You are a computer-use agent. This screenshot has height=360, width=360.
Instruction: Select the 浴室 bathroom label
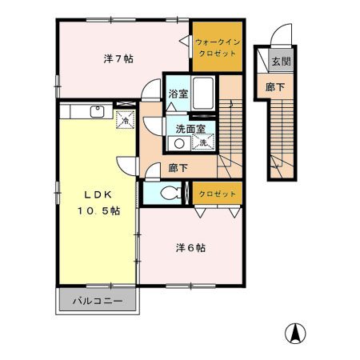tap(178, 94)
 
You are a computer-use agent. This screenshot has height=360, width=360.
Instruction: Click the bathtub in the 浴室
tap(203, 94)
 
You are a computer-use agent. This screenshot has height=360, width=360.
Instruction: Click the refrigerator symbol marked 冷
tap(125, 119)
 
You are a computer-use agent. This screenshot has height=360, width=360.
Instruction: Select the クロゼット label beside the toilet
tap(217, 194)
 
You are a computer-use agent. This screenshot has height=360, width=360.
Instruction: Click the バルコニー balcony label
tap(98, 302)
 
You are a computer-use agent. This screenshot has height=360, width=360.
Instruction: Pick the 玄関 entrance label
tap(280, 62)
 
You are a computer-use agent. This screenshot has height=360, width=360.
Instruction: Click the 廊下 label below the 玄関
tap(275, 86)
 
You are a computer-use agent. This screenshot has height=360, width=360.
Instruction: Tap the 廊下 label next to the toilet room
tap(178, 170)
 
